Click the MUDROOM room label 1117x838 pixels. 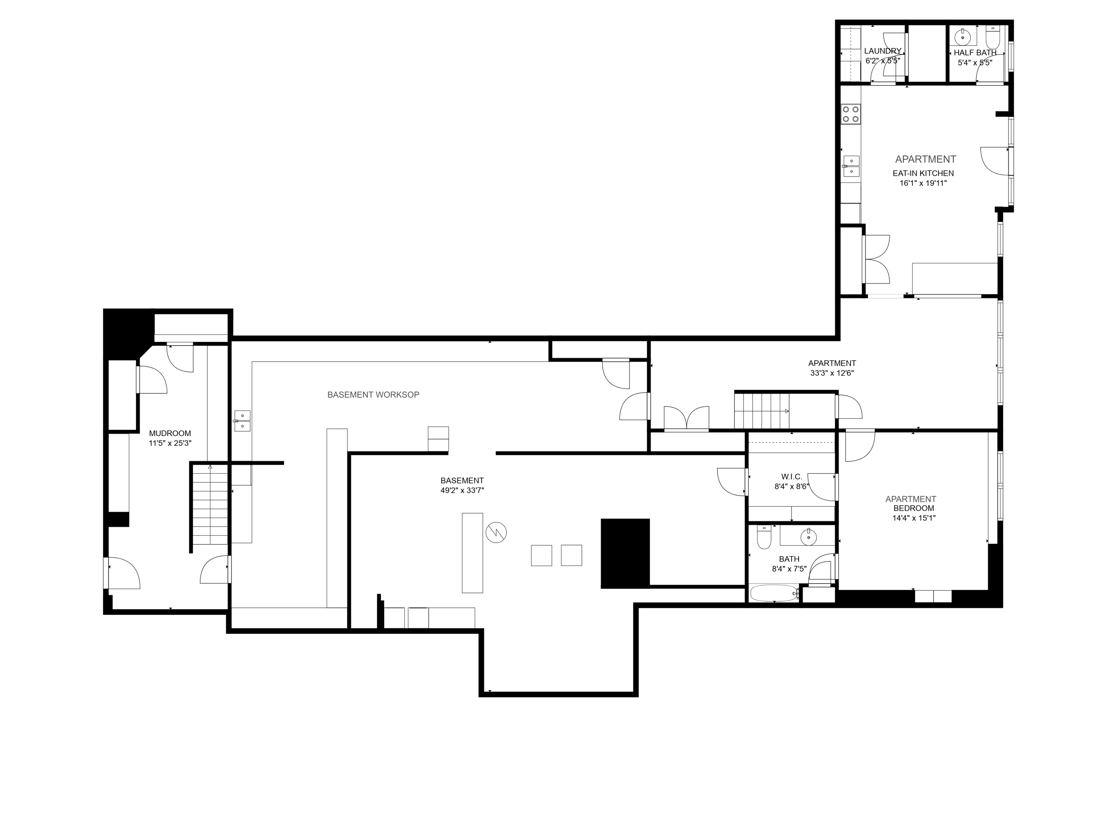170,434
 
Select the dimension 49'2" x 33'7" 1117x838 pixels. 462,491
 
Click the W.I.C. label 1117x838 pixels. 791,477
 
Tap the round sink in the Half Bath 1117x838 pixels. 963,36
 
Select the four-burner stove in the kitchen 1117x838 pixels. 850,114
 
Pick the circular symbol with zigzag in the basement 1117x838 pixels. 496,532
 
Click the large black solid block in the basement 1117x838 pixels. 625,553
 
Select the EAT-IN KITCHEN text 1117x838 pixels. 923,173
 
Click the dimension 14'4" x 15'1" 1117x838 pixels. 913,518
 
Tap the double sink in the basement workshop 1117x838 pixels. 242,421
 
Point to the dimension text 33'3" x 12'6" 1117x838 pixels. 832,373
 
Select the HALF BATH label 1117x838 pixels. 975,53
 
